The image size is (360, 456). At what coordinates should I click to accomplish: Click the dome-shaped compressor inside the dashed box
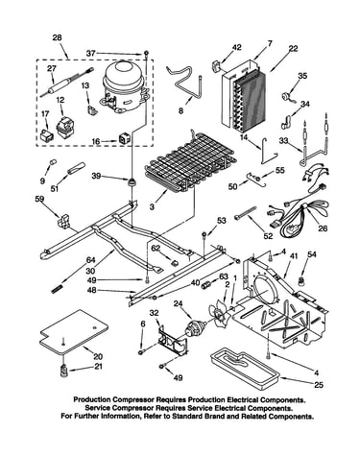pos(123,85)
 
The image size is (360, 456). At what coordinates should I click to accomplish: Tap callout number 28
pos(57,37)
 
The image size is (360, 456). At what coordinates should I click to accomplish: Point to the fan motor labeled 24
pos(194,328)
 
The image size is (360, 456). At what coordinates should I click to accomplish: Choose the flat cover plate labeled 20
pos(74,332)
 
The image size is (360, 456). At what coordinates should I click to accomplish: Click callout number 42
pos(237,47)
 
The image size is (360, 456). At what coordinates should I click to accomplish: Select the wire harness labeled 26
pos(298,208)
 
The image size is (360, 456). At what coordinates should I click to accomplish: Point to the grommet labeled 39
pos(132,183)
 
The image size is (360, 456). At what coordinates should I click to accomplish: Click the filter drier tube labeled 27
pos(66,81)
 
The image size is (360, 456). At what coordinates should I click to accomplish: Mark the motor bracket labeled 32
pos(173,342)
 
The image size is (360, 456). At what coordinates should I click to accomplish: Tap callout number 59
pos(39,200)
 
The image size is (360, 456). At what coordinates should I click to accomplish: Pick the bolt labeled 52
pos(246,212)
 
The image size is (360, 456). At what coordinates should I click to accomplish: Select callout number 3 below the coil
pos(152,206)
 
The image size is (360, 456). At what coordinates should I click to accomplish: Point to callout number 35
pos(302,76)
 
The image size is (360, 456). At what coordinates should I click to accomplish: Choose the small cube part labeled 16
pos(125,138)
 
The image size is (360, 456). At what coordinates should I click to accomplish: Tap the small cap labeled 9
pos(53,162)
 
